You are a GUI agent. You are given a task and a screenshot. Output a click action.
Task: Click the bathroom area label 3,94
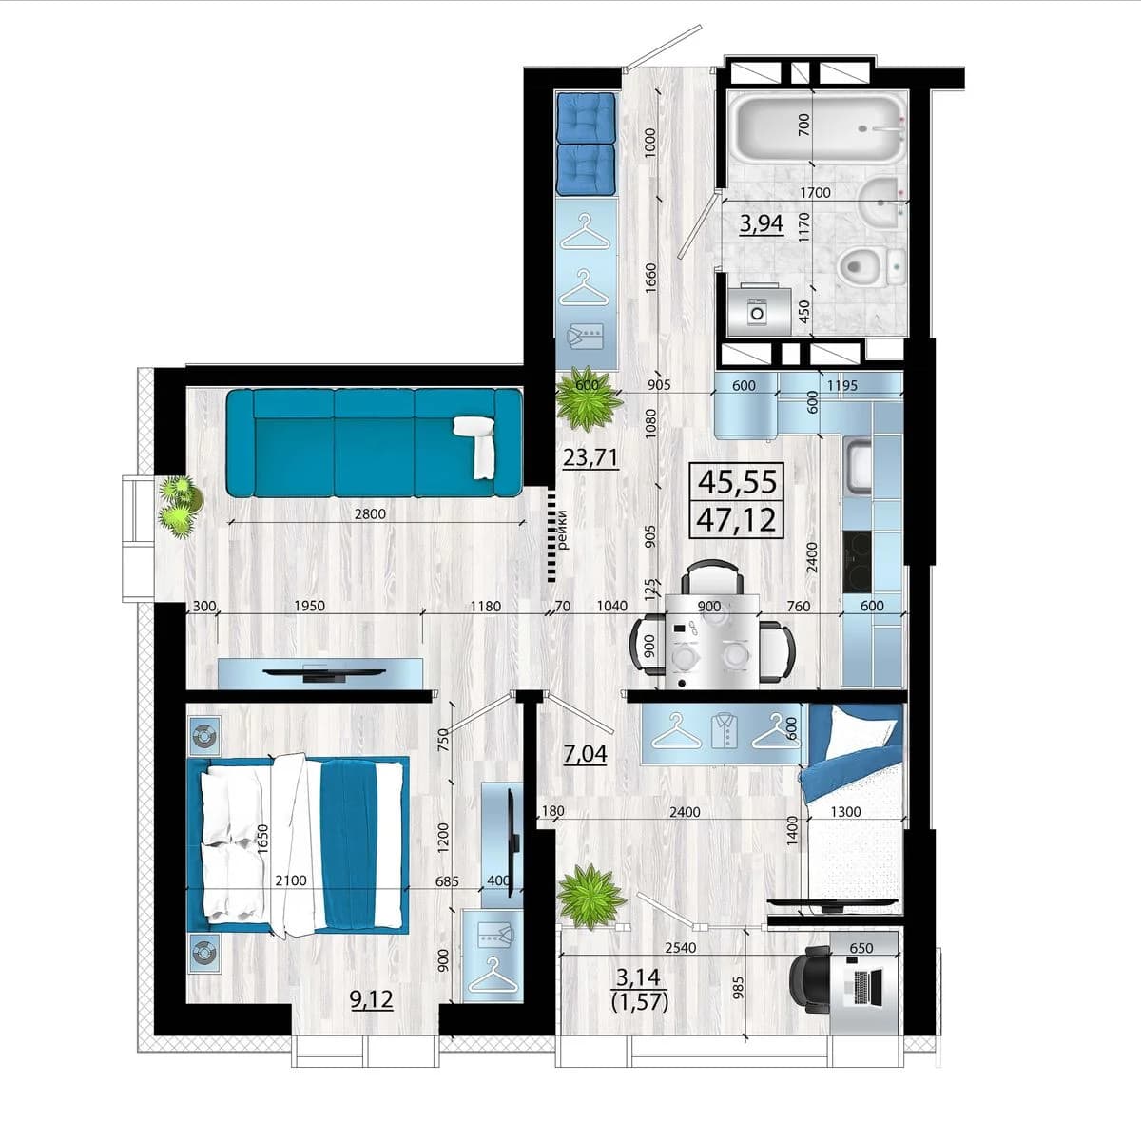(762, 224)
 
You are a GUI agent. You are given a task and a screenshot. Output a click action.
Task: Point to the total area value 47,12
(736, 520)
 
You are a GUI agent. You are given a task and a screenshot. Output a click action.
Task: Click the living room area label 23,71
(590, 457)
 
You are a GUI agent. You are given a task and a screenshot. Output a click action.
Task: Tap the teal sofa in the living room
(375, 442)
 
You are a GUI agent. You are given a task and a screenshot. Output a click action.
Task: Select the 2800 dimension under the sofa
(370, 514)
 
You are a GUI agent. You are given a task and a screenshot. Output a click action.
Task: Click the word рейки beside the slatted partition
(563, 530)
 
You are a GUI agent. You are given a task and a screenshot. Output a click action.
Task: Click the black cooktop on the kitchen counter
(858, 561)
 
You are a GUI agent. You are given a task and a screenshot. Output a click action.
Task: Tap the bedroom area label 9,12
(371, 999)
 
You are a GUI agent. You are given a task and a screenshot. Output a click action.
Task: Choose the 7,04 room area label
(585, 754)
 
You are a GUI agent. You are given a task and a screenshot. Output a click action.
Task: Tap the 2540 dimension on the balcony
(681, 947)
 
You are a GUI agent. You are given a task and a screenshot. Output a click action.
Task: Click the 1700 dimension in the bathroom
(815, 192)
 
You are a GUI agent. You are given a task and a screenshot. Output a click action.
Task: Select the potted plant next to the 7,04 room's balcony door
(590, 896)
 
